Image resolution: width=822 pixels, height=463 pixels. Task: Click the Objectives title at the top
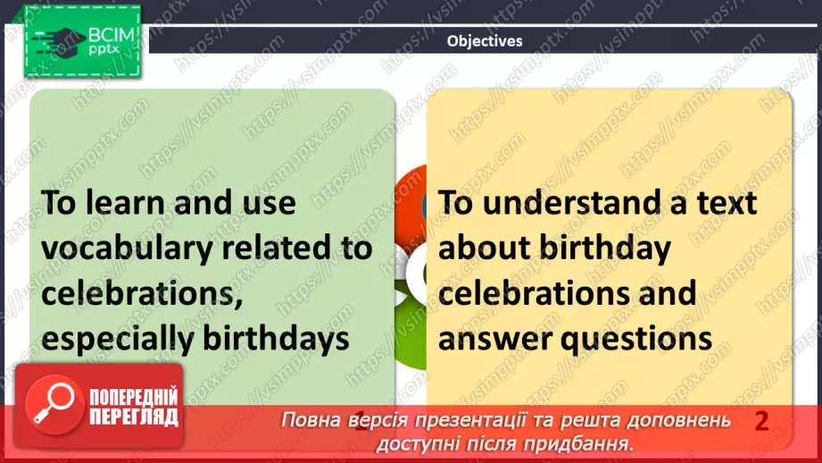click(x=484, y=40)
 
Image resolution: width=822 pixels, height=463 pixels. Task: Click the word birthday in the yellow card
click(x=607, y=248)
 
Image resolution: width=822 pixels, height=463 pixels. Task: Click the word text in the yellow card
click(x=723, y=203)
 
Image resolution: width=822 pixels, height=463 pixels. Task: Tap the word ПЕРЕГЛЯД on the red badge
click(x=133, y=417)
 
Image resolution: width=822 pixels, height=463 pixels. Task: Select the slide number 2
click(x=761, y=421)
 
